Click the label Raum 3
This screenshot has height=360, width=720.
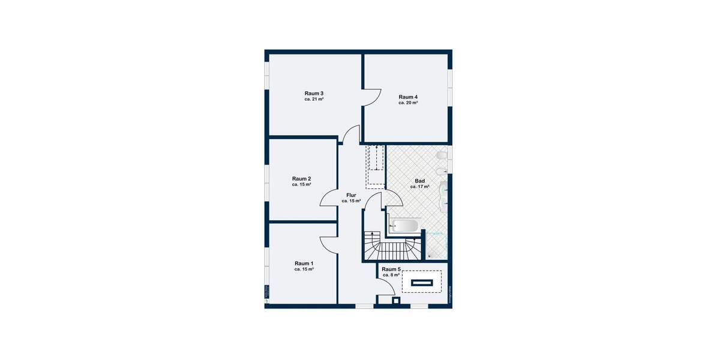pos(314,93)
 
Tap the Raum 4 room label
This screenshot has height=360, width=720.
pos(408,97)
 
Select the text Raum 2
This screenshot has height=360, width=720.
pos(301,178)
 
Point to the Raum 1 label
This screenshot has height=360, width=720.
pos(304,263)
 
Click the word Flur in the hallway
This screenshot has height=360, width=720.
pos(351,195)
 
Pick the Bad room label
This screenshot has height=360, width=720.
pos(419,181)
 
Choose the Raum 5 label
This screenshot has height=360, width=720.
pos(391,269)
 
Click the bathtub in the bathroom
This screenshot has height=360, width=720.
pos(404,226)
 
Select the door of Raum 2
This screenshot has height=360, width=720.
pos(329,198)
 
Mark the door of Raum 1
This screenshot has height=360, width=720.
pos(329,244)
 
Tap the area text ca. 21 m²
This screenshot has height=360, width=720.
pos(314,100)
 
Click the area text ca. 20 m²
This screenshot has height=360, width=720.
pos(408,103)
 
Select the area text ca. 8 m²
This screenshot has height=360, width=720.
pos(391,275)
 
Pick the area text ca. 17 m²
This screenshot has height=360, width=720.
pos(419,187)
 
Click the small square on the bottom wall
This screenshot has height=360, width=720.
pos(395,301)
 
